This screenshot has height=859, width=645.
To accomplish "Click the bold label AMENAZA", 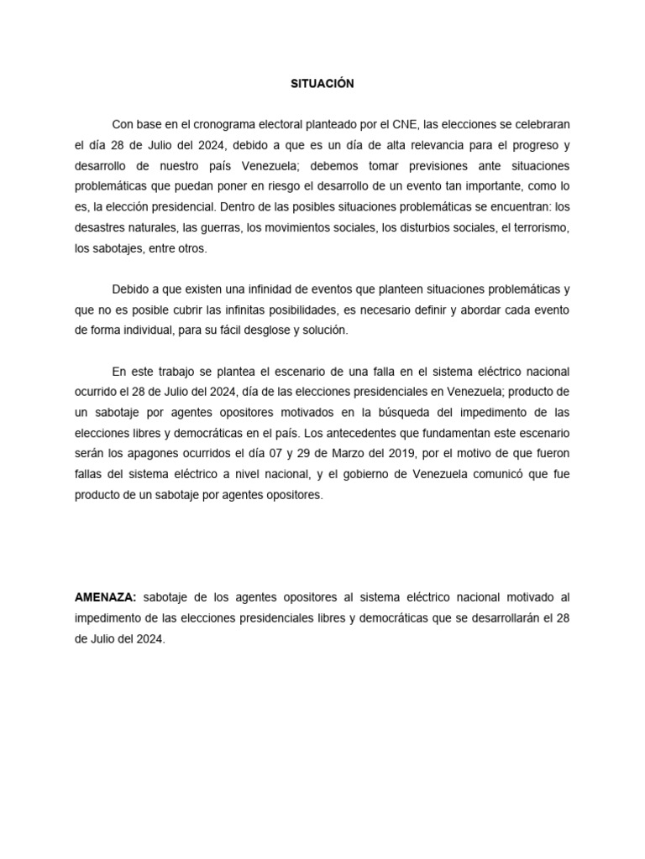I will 105,597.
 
